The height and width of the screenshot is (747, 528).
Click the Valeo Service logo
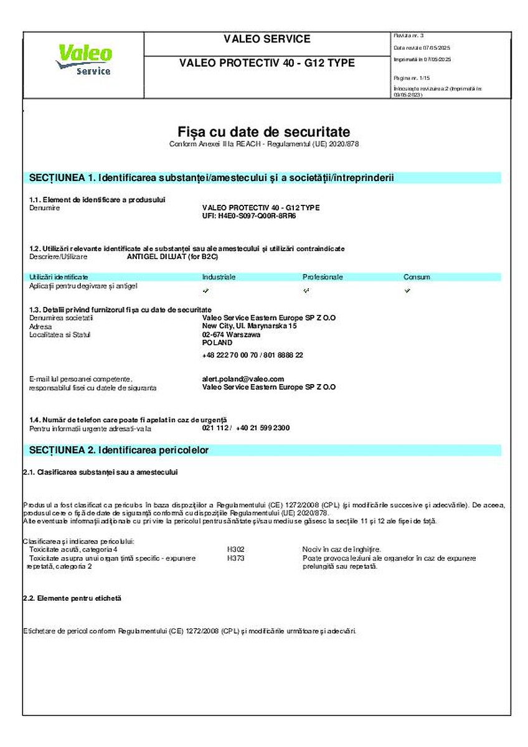[x=84, y=60]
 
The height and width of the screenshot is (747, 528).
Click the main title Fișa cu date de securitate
[x=264, y=132]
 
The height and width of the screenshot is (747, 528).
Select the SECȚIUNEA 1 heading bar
[x=262, y=178]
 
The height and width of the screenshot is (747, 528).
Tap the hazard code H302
[x=236, y=550]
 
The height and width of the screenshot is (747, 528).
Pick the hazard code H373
[x=236, y=558]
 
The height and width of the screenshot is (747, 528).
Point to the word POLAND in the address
[x=217, y=342]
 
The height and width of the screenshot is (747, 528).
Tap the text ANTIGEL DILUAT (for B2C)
[x=173, y=256]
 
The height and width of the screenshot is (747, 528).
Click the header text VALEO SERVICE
[x=266, y=39]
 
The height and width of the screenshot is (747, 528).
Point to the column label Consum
[x=417, y=277]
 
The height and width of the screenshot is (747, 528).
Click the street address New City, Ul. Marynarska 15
[x=250, y=326]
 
